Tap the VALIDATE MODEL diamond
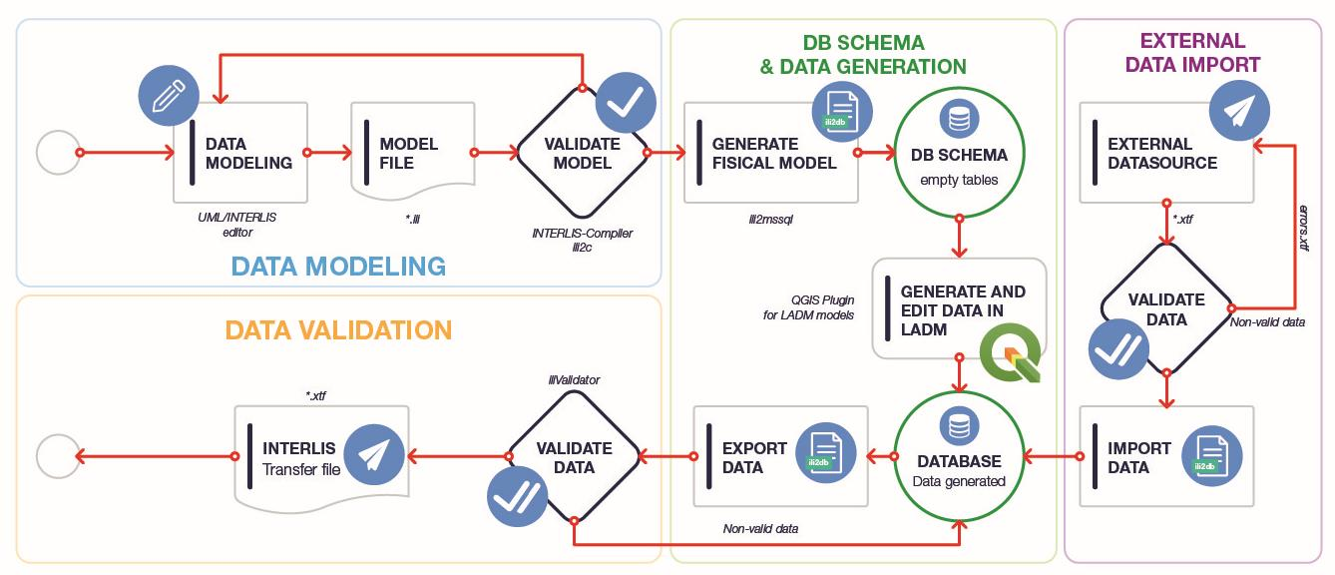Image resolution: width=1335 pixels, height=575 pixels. point(582,153)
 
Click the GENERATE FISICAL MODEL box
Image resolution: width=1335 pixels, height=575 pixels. point(771,153)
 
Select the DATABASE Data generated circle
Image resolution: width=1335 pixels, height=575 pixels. point(959,458)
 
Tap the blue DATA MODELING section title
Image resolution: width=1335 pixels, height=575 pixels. point(338,266)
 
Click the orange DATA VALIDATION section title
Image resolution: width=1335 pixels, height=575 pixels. point(338,329)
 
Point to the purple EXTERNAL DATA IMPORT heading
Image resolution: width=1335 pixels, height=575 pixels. point(1191,53)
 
